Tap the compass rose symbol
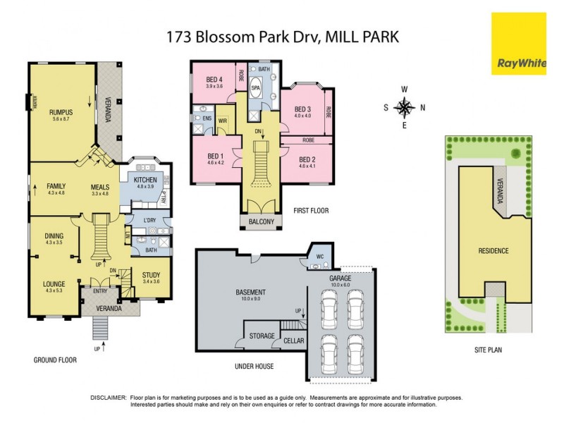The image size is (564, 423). (404, 108)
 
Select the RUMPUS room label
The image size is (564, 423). (61, 112)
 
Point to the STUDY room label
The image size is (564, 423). (151, 275)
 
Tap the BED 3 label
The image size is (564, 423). (302, 109)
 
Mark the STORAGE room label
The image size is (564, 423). (262, 336)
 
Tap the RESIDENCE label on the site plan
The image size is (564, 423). (493, 250)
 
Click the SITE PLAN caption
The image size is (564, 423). (493, 349)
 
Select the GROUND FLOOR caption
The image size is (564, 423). (55, 360)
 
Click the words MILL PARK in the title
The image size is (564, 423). (362, 37)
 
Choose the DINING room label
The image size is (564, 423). (54, 235)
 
